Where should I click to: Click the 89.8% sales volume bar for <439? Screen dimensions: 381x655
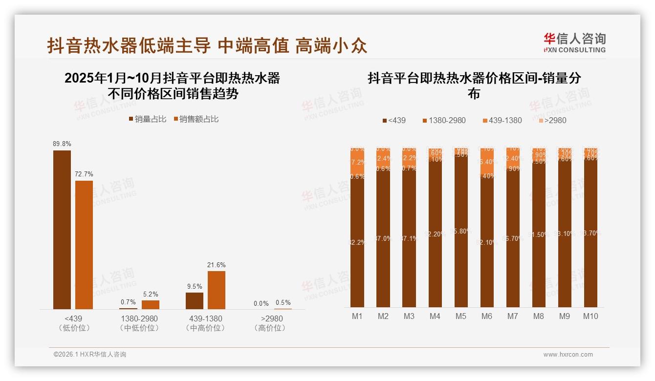click(62, 230)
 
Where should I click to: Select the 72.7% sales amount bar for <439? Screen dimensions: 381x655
click(84, 245)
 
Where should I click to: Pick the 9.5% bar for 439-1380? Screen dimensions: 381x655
click(195, 300)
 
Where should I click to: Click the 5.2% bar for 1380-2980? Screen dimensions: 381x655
click(151, 304)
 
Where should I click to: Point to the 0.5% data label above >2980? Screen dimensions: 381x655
click(283, 302)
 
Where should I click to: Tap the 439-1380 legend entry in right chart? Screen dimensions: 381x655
click(502, 120)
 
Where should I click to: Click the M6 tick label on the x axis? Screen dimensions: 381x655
click(487, 316)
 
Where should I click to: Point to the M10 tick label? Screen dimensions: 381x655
click(590, 316)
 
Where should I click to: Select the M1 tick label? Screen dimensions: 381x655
click(357, 316)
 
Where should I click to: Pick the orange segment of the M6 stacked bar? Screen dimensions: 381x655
click(487, 161)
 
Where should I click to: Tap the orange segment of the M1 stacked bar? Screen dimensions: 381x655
click(357, 162)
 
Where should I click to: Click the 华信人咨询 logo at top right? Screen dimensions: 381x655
click(574, 42)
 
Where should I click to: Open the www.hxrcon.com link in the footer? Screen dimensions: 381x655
click(568, 355)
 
